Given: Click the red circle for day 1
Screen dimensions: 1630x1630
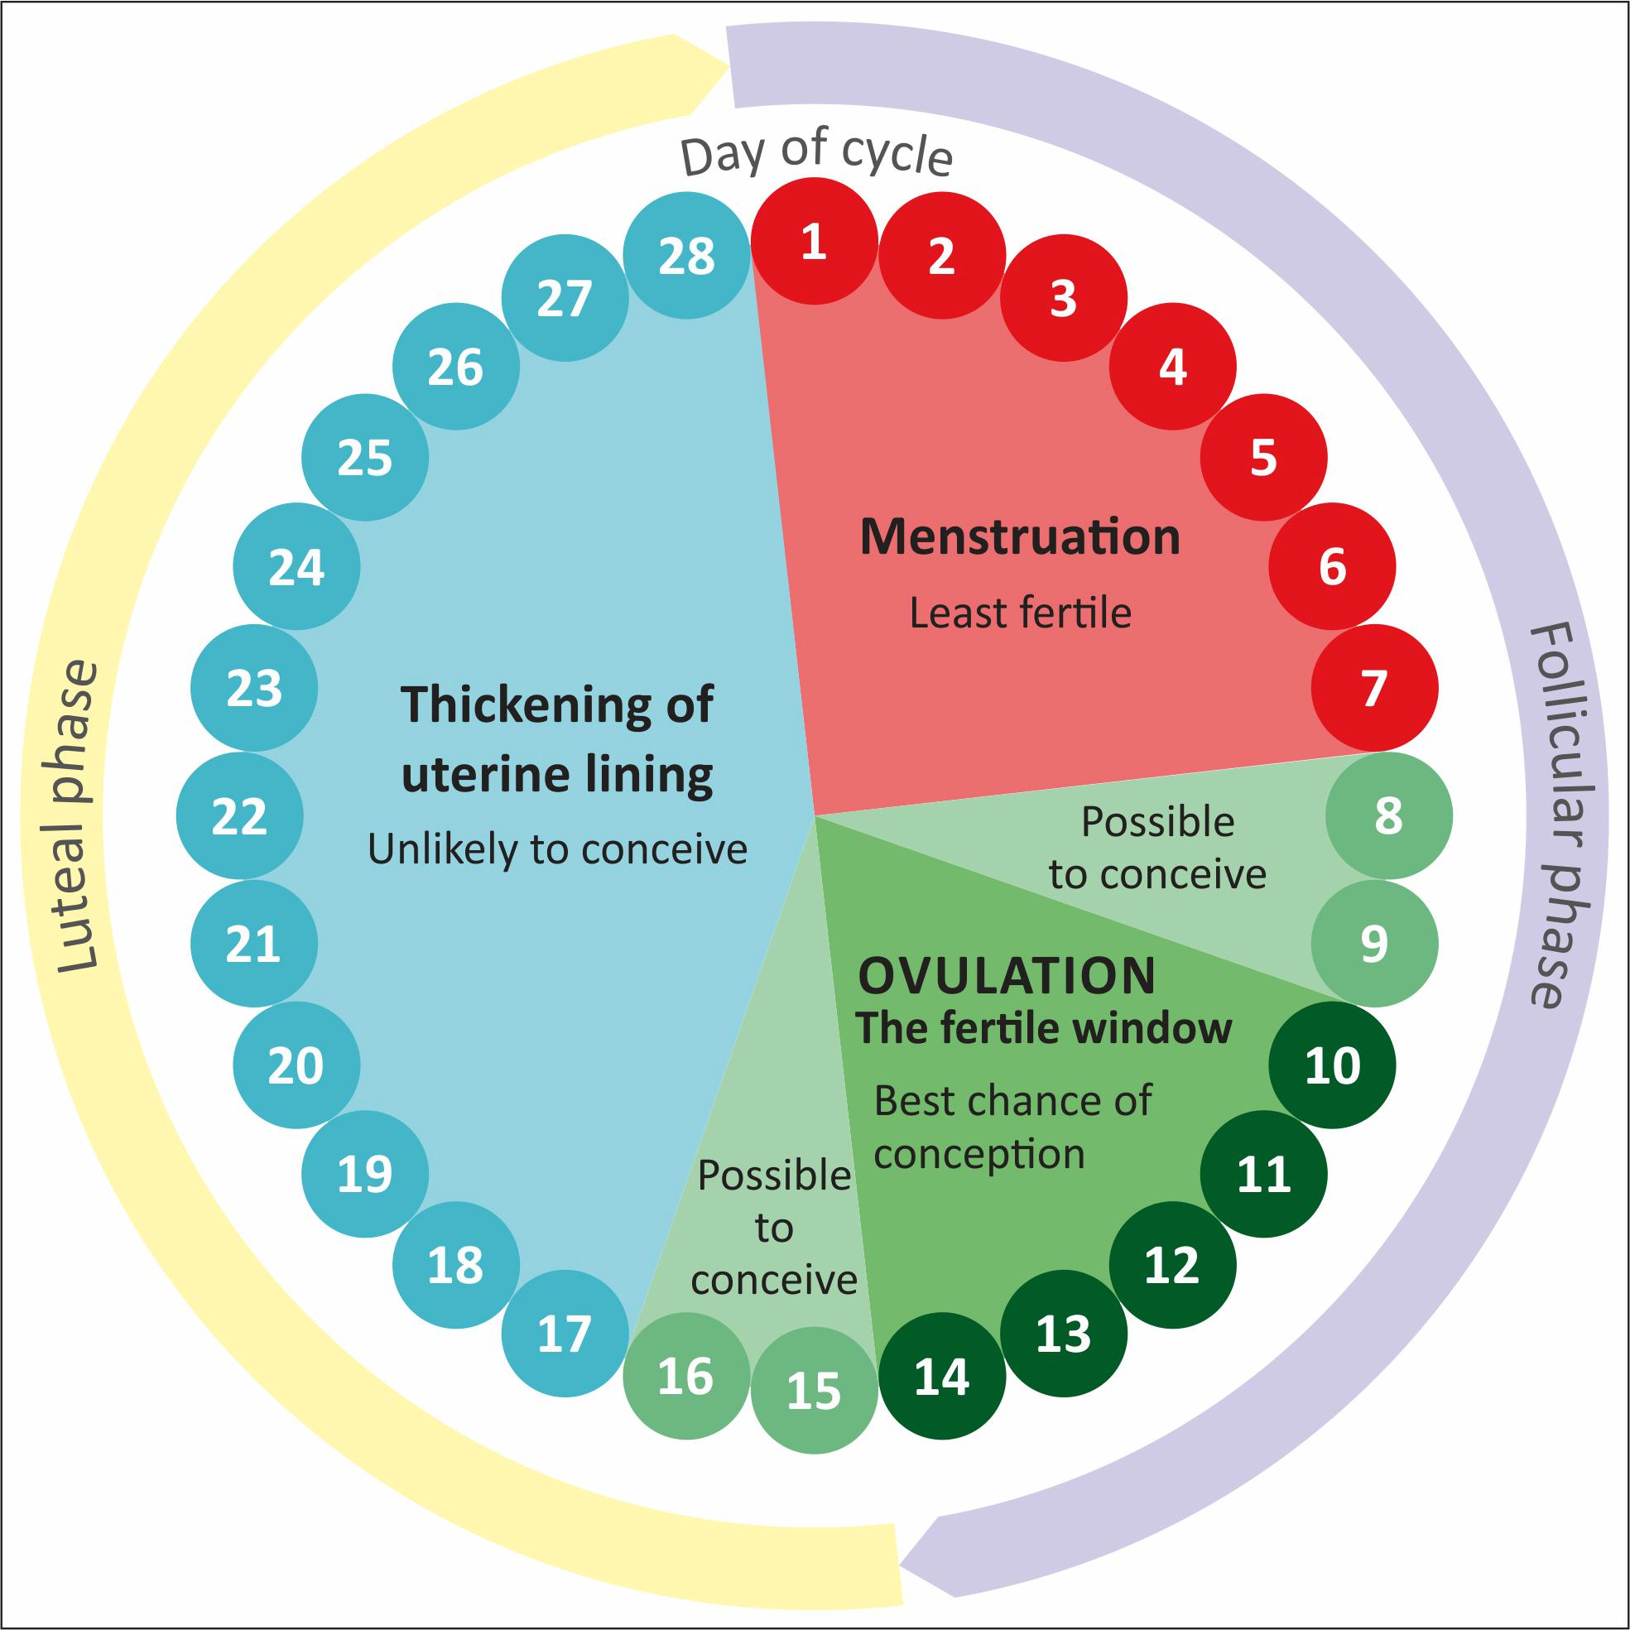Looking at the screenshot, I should click(x=813, y=241).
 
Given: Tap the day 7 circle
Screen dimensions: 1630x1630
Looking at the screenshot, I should click(x=1374, y=688).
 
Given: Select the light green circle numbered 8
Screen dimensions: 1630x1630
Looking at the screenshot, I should click(x=1389, y=815).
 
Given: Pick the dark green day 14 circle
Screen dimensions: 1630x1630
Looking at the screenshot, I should click(x=941, y=1377).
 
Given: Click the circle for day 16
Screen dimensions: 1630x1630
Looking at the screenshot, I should click(x=686, y=1376).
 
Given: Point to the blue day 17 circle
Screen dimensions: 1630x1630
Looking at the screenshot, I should click(x=565, y=1334).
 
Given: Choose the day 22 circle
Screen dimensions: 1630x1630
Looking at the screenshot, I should click(x=239, y=816).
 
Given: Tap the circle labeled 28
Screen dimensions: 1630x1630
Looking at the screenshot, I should click(x=687, y=256).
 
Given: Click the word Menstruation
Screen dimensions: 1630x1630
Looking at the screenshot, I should click(x=1019, y=536).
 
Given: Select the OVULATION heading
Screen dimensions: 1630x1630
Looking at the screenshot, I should click(x=1007, y=976).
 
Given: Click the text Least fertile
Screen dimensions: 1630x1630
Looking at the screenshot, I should click(x=1020, y=613).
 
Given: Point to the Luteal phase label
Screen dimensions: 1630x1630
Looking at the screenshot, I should click(x=78, y=816).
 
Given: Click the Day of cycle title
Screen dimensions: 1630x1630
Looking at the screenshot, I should click(x=816, y=152).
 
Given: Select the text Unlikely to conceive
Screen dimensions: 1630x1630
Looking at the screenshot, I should click(x=557, y=849).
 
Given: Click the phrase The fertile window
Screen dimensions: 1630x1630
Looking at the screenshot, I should click(x=1044, y=1028).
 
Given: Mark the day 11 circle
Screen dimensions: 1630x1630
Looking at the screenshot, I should click(x=1263, y=1174).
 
